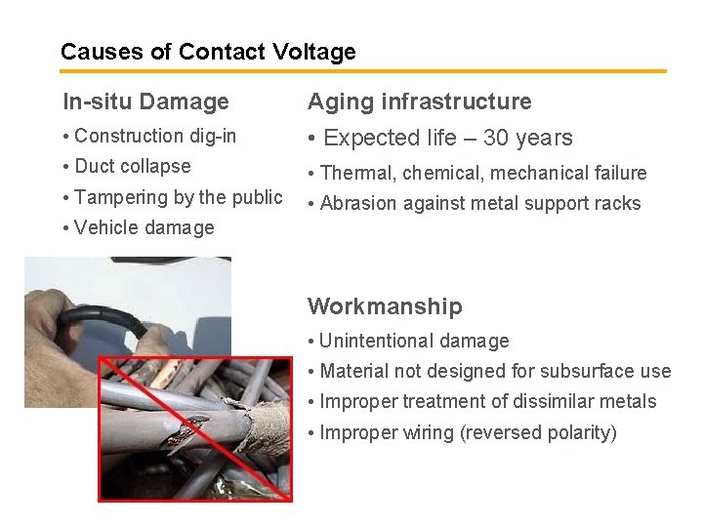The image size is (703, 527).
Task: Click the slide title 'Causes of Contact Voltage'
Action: coord(208,52)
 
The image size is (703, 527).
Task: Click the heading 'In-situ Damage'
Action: coord(145,101)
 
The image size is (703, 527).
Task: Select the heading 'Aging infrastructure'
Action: coord(420,101)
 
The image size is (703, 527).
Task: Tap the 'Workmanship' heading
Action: coord(385,306)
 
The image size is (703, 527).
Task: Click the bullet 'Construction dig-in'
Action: coord(154,137)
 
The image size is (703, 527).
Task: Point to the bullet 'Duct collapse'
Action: coord(132,167)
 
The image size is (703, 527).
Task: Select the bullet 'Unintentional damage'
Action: coord(414,341)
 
